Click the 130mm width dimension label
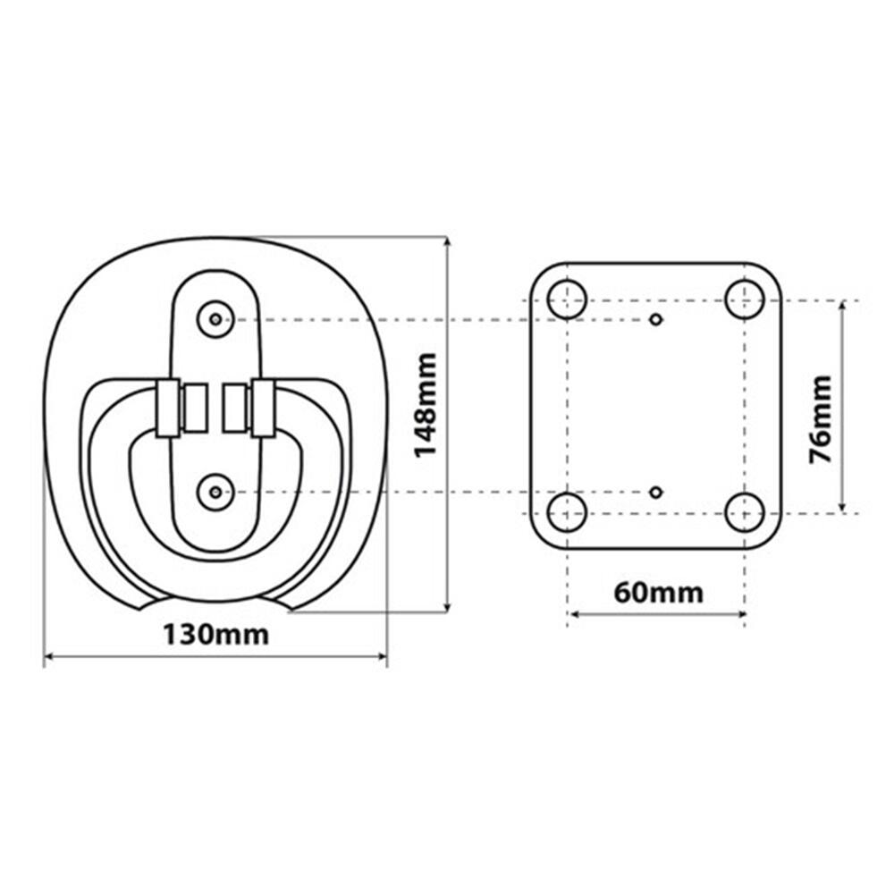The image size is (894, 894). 215,635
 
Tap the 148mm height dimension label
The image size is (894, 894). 426,405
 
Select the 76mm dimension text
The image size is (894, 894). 821,419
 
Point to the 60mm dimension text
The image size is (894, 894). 659,593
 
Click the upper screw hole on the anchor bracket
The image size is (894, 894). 215,319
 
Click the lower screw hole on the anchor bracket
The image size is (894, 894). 215,492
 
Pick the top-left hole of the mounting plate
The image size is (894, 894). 568,299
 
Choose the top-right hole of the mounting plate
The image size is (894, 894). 745,299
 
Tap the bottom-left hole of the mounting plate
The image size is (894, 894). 568,512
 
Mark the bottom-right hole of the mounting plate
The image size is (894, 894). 745,512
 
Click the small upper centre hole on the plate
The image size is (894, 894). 656,319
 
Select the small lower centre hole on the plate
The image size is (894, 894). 656,492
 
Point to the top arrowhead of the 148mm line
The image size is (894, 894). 448,242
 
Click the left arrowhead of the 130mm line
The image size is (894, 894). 49,657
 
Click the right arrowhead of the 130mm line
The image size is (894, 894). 382,657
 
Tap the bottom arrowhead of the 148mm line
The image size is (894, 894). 448,607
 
